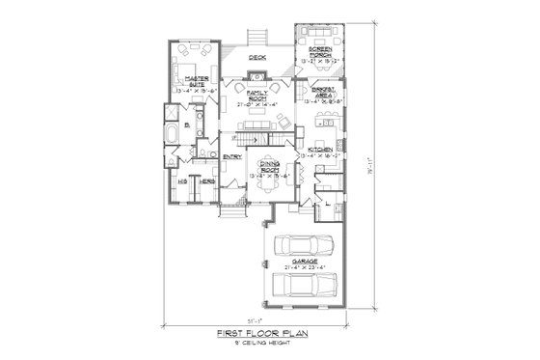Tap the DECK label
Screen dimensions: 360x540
pos(256,58)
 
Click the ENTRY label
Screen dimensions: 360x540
pos(231,156)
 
